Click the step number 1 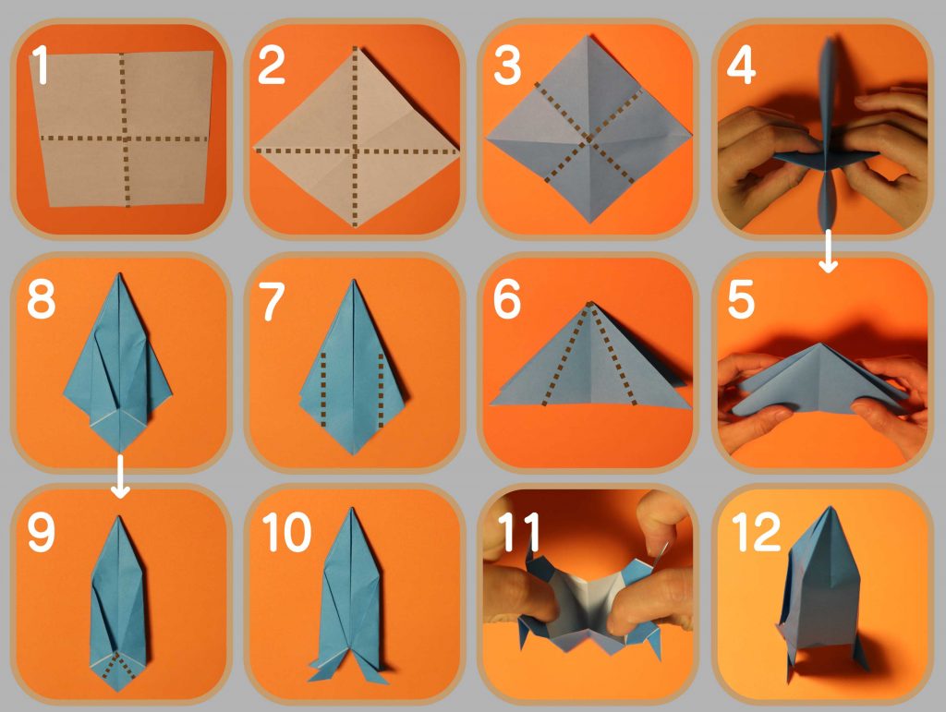pyautogui.click(x=40, y=65)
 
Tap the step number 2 pyautogui.click(x=271, y=66)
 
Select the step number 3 pyautogui.click(x=507, y=66)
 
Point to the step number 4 pyautogui.click(x=740, y=66)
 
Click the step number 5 pyautogui.click(x=741, y=299)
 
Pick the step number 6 pyautogui.click(x=507, y=299)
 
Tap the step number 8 pyautogui.click(x=41, y=299)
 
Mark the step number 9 pyautogui.click(x=41, y=532)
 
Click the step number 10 pyautogui.click(x=286, y=532)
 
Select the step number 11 pyautogui.click(x=519, y=532)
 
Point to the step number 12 pyautogui.click(x=756, y=532)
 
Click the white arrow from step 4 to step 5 pyautogui.click(x=829, y=250)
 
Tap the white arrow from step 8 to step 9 pyautogui.click(x=121, y=477)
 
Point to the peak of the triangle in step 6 pyautogui.click(x=590, y=302)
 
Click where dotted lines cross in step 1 pyautogui.click(x=125, y=138)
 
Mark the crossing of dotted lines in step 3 pyautogui.click(x=588, y=139)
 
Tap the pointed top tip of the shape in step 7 pyautogui.click(x=354, y=281)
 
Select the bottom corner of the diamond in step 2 pyautogui.click(x=355, y=226)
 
